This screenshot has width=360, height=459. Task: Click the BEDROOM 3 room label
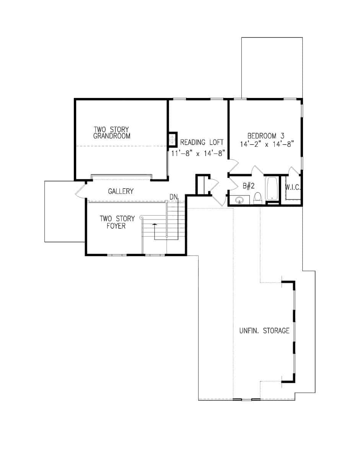pos(266,136)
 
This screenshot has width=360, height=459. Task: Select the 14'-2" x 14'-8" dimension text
pos(266,145)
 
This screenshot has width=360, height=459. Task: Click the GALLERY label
pos(121,191)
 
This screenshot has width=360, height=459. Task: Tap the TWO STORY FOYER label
pos(117,222)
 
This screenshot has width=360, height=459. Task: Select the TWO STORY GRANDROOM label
pos(112,132)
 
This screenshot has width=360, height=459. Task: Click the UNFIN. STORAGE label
pos(264,331)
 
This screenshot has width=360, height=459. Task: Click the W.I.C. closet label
pos(293,187)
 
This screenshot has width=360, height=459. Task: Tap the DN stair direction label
pos(174,197)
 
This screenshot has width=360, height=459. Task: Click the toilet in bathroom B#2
pos(257,197)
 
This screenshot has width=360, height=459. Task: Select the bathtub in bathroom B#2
pos(272,189)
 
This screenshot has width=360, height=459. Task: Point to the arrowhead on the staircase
pos(155,225)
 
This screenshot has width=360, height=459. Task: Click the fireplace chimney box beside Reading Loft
pos(173,139)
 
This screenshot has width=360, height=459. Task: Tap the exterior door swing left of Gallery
pos(80,191)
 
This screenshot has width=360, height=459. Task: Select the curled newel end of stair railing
pos(142,217)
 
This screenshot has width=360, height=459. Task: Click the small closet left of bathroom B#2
pos(202,185)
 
